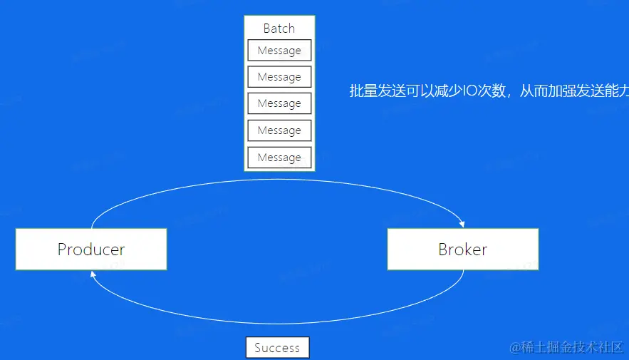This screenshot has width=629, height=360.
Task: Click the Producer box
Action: pos(91,249)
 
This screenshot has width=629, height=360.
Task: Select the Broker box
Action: pos(463,249)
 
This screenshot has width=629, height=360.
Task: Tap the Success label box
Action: pos(277,348)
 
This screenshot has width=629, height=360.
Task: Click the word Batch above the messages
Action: pos(279,29)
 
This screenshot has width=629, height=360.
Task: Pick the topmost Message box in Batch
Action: pos(279,51)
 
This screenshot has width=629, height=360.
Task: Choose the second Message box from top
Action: pos(279,77)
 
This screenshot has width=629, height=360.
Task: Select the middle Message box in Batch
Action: pos(279,103)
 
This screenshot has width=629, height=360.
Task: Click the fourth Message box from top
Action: pos(279,130)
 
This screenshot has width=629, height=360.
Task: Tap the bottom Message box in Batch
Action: pos(279,158)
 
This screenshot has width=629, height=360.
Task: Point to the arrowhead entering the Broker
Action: pos(464,224)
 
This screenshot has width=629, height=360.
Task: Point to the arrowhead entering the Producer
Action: pos(92,273)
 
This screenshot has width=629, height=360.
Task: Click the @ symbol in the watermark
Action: pos(514,347)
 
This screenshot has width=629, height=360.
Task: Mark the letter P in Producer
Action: pos(62,250)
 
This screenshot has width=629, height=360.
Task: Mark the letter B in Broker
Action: pos(443,250)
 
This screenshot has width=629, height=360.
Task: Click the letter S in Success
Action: pos(258,348)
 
